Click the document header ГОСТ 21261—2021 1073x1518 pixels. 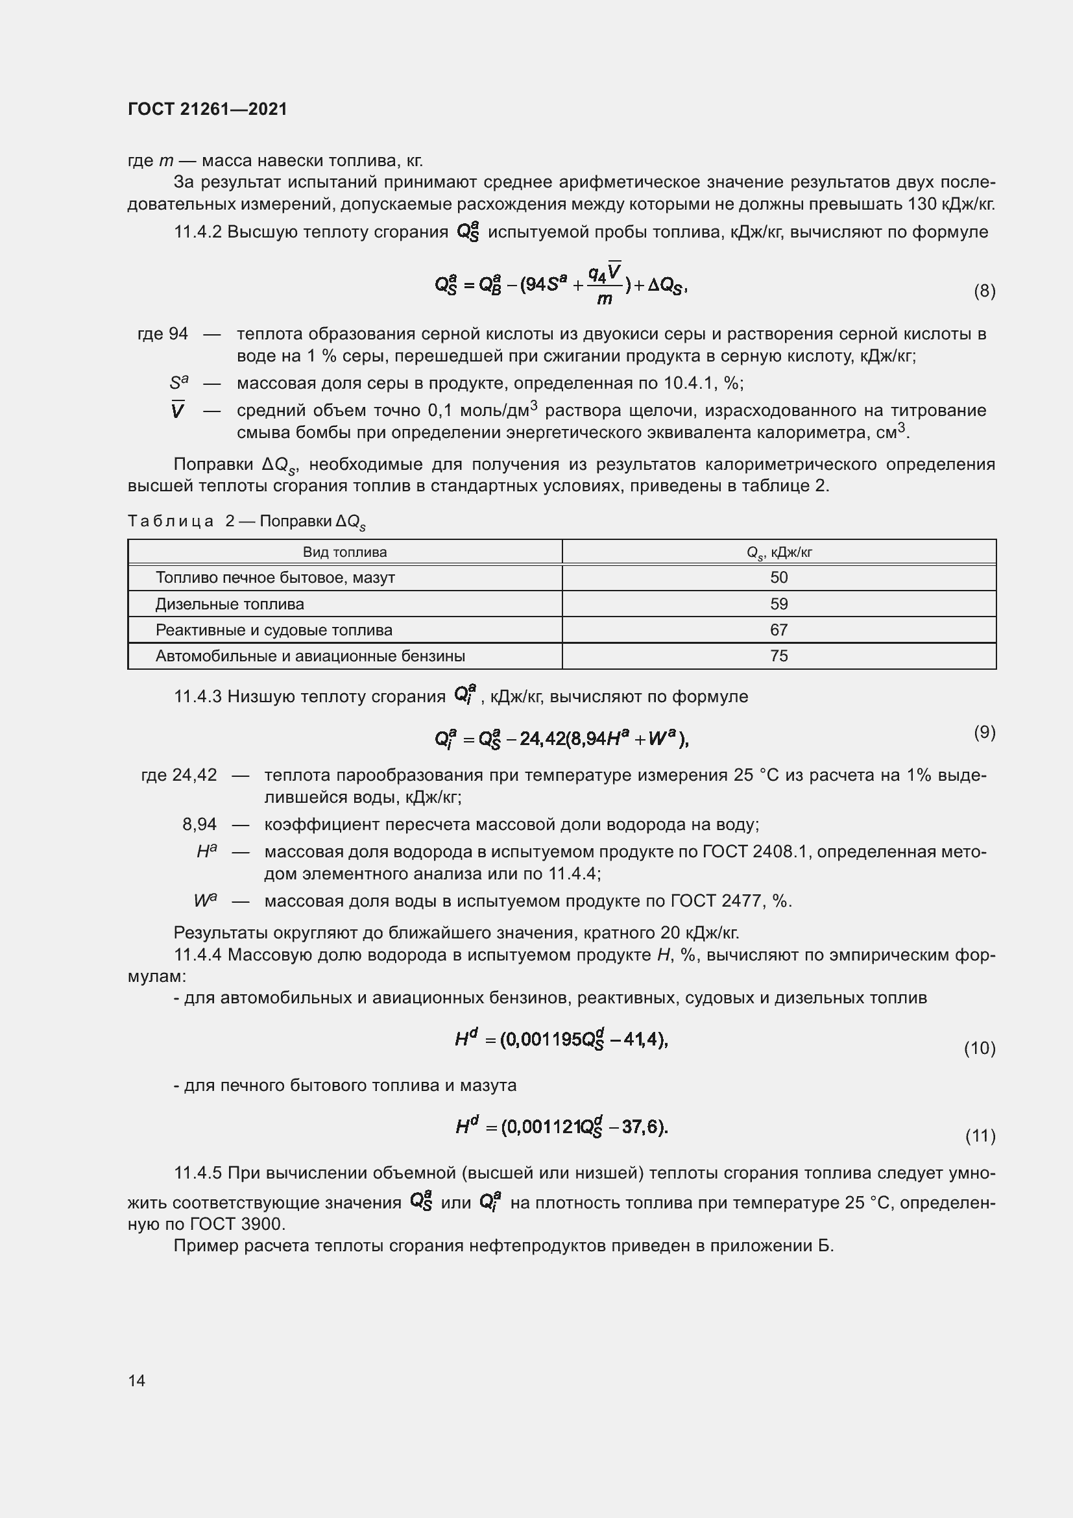pyautogui.click(x=208, y=109)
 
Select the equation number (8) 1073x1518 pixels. pyautogui.click(x=985, y=291)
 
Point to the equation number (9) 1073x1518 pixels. pyautogui.click(x=985, y=732)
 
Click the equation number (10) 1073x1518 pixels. pyautogui.click(x=980, y=1048)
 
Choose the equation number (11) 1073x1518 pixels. pyautogui.click(x=980, y=1136)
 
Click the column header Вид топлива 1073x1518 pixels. pyautogui.click(x=345, y=552)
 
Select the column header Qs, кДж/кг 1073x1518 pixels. pyautogui.click(x=779, y=553)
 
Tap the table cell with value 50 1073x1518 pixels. pyautogui.click(x=779, y=577)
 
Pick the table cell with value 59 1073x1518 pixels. pyautogui.click(x=779, y=604)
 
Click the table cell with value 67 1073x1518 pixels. pyautogui.click(x=779, y=630)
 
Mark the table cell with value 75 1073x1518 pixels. pyautogui.click(x=779, y=656)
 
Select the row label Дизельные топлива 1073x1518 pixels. pyautogui.click(x=230, y=604)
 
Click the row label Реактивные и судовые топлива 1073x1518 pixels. pyautogui.click(x=274, y=630)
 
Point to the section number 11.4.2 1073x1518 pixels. pyautogui.click(x=198, y=232)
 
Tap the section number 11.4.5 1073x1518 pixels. pyautogui.click(x=198, y=1173)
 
